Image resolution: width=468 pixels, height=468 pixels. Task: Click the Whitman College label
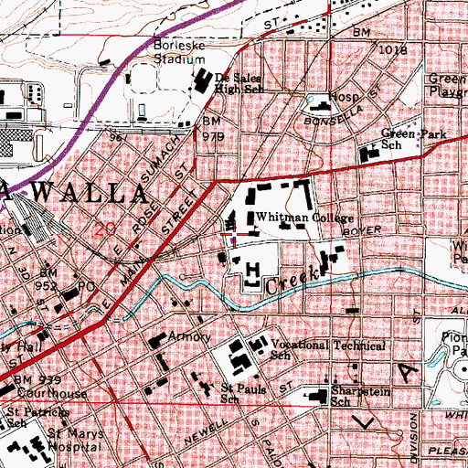coord(290,218)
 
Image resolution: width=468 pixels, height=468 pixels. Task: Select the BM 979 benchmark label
coord(212,129)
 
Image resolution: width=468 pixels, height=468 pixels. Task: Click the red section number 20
coord(102,229)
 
